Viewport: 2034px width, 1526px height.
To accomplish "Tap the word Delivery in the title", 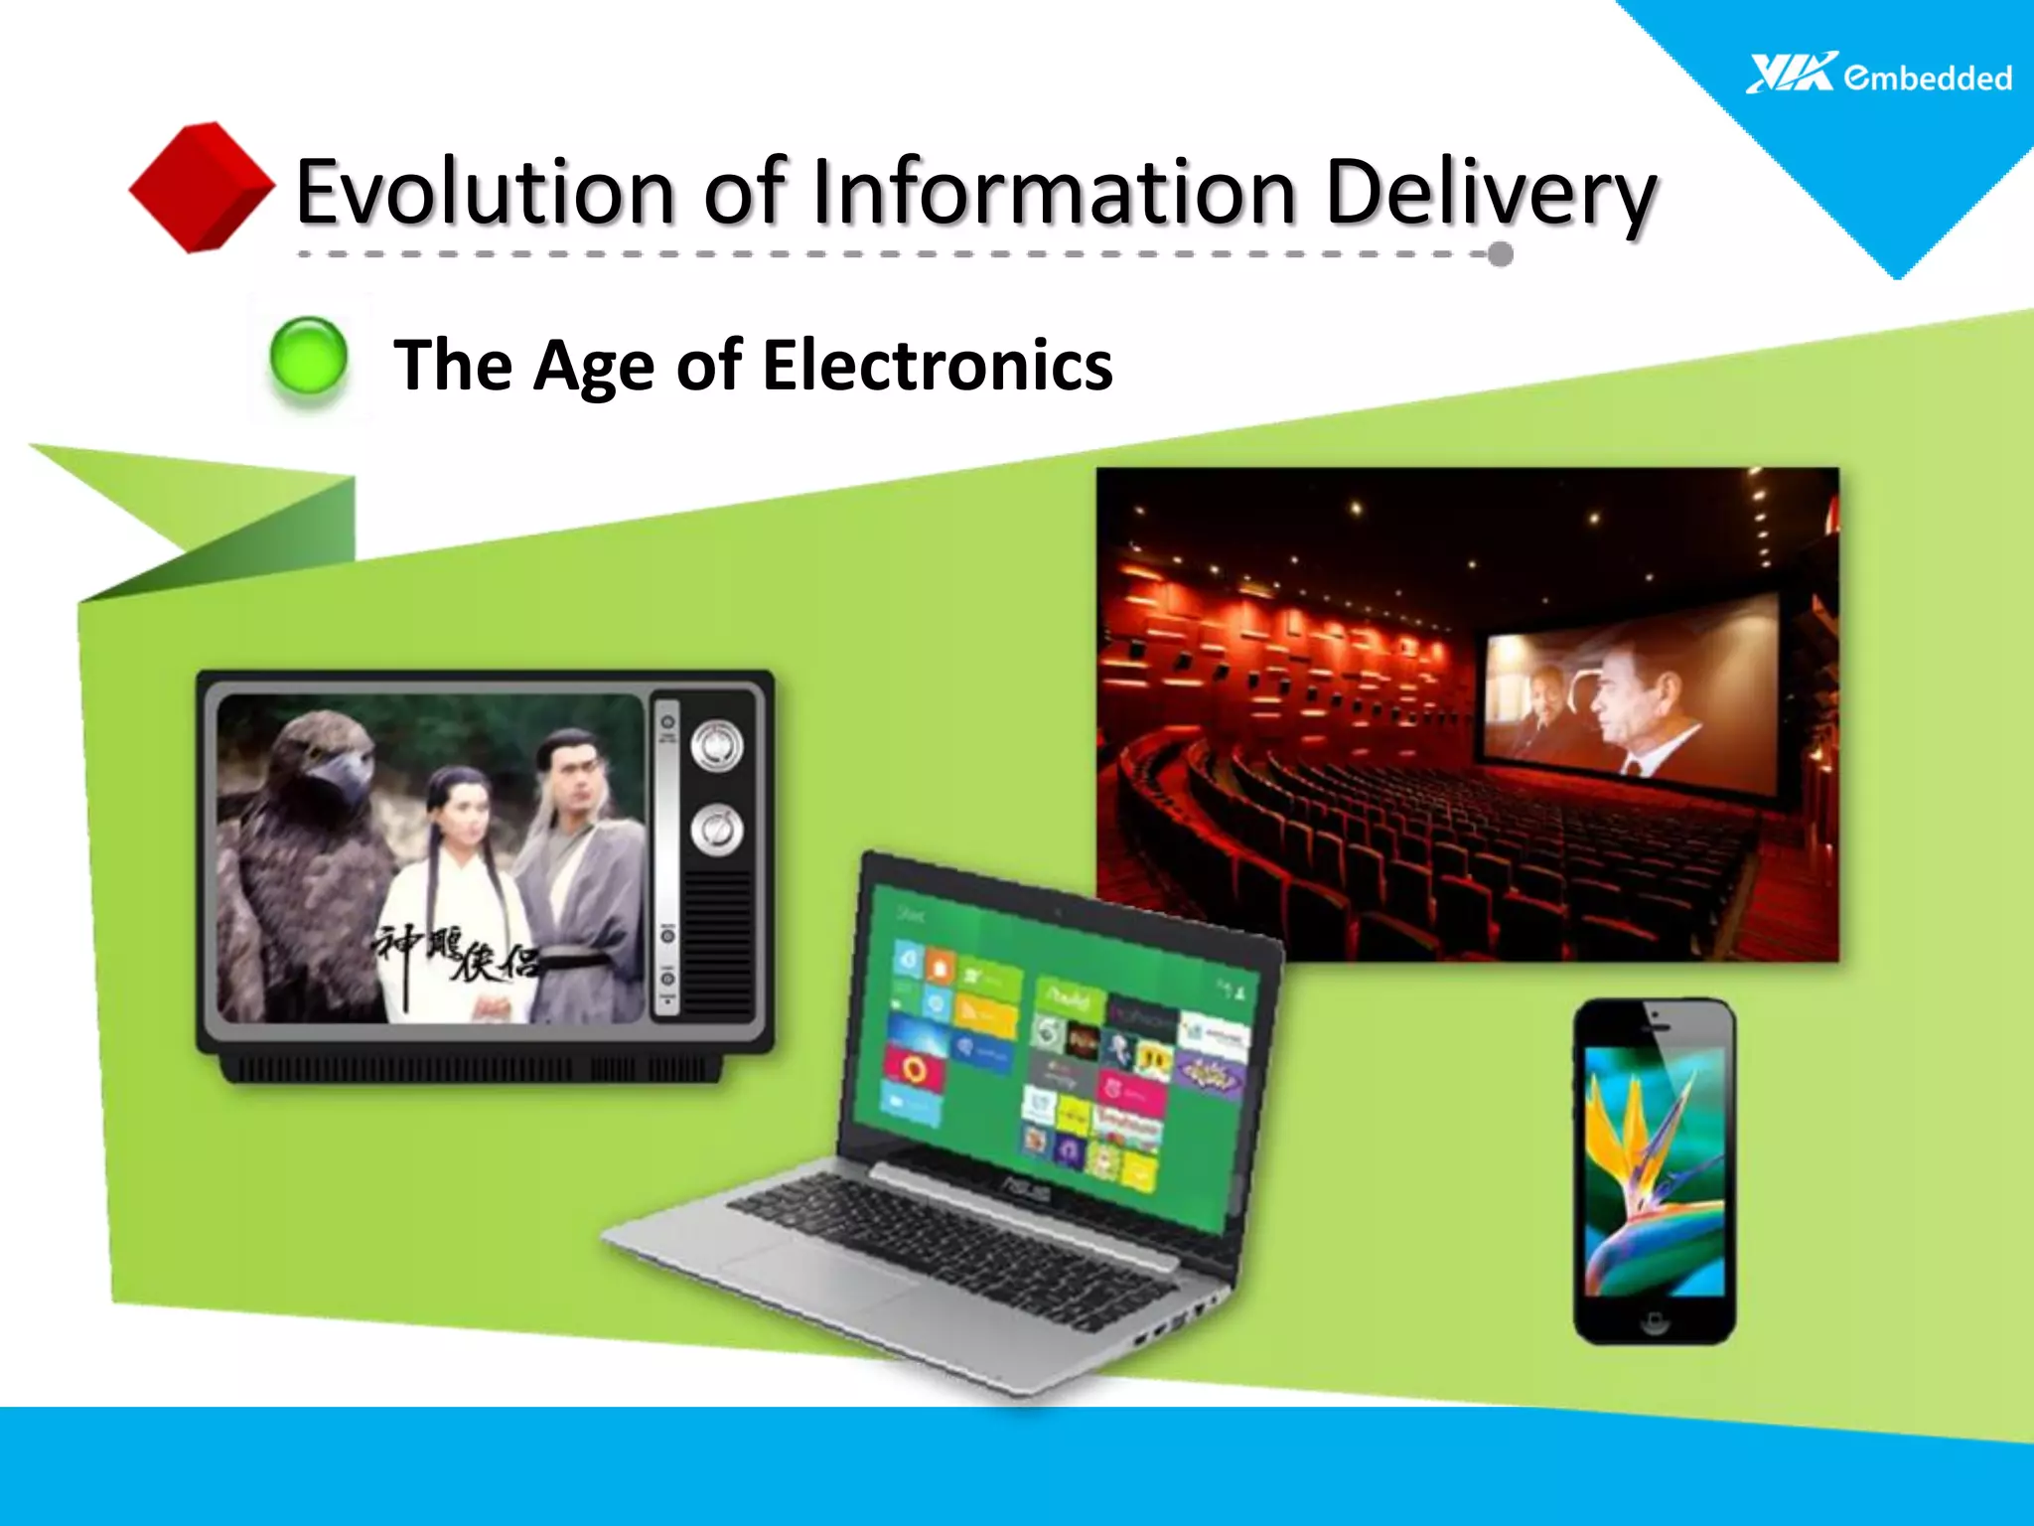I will click(1490, 193).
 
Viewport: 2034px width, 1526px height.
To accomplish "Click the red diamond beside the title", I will click(202, 187).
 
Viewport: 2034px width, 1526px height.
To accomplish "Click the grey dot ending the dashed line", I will click(1501, 254).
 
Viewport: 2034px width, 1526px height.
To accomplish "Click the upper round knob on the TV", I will click(716, 746).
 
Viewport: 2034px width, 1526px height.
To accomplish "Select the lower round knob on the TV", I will click(716, 830).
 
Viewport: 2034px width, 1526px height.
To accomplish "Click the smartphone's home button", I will click(1654, 1320).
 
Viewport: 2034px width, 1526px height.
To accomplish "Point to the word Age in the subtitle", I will click(594, 367).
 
